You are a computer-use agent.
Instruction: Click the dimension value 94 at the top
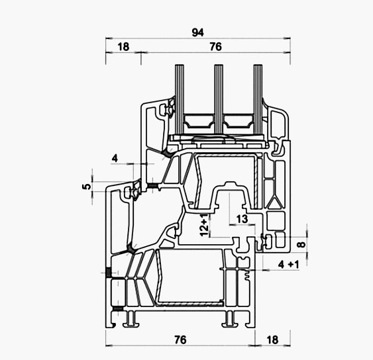[x=197, y=32]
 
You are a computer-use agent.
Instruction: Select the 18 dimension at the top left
[x=123, y=47]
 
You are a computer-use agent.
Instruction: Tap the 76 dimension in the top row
[x=215, y=47]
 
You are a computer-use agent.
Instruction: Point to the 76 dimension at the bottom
[x=180, y=339]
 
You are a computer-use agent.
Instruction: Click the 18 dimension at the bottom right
[x=272, y=339]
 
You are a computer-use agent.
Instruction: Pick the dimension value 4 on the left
[x=115, y=158]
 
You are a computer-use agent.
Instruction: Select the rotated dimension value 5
[x=87, y=187]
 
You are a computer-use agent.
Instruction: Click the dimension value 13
[x=242, y=219]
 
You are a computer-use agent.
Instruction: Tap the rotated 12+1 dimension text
[x=204, y=224]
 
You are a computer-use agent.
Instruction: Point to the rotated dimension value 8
[x=301, y=244]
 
